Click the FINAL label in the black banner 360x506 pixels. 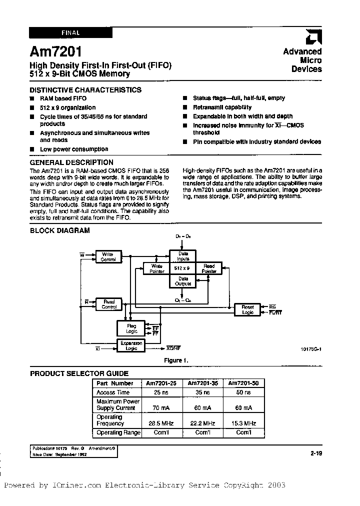coord(70,33)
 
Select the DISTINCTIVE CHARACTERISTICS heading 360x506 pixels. coord(86,90)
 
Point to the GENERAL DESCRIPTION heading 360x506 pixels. coord(72,162)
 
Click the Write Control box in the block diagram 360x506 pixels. coord(108,257)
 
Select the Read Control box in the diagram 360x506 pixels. coord(109,304)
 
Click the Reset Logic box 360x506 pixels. coord(247,309)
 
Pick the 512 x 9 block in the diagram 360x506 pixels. coord(181,268)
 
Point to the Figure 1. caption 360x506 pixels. coord(176,360)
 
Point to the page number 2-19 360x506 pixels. coord(315,453)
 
